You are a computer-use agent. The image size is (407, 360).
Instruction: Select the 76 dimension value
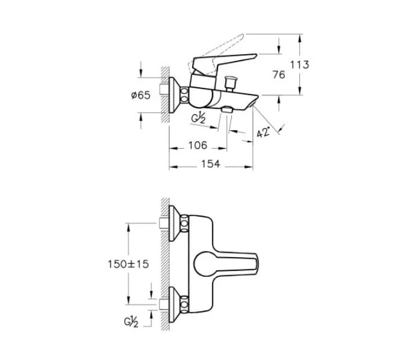tap(278, 75)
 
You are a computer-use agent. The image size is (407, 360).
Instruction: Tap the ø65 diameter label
tap(140, 95)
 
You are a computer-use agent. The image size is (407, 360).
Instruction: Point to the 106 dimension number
tap(196, 145)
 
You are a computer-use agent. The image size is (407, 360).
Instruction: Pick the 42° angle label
tap(263, 133)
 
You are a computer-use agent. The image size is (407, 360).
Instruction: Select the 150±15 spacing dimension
tap(129, 264)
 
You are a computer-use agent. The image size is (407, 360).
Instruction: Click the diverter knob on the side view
tap(229, 81)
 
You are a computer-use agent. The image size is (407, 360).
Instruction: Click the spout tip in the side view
tap(255, 103)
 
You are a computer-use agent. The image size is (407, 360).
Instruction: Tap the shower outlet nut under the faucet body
tap(227, 110)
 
